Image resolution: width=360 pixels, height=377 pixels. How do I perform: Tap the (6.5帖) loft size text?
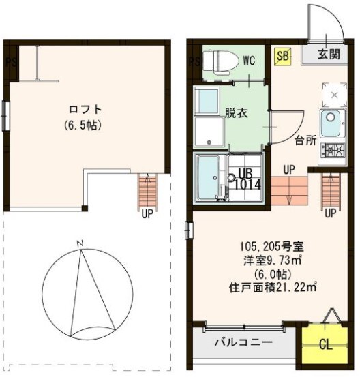[85, 125]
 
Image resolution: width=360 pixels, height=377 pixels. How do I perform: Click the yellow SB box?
[282, 57]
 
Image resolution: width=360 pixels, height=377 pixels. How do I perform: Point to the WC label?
[248, 60]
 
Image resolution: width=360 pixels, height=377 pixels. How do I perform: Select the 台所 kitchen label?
[305, 142]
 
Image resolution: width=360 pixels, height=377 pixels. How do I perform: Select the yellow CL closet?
[327, 344]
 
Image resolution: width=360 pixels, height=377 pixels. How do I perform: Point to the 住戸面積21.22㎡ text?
[273, 288]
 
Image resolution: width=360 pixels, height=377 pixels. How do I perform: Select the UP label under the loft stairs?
[147, 212]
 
